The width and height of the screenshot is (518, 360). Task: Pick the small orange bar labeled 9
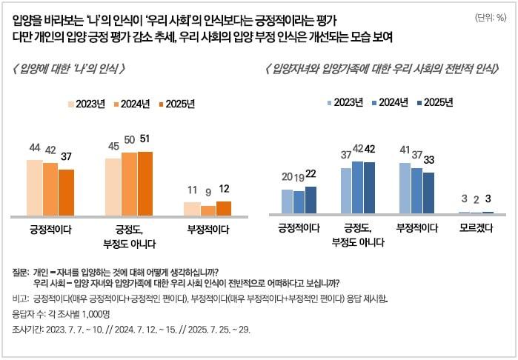coord(208,210)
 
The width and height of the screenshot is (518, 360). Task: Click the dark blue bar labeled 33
coord(428,193)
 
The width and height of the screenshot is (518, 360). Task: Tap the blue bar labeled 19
coord(299,202)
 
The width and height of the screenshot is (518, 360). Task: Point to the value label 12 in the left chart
coord(224,189)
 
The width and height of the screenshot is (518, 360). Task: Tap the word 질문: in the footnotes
coord(21,271)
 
